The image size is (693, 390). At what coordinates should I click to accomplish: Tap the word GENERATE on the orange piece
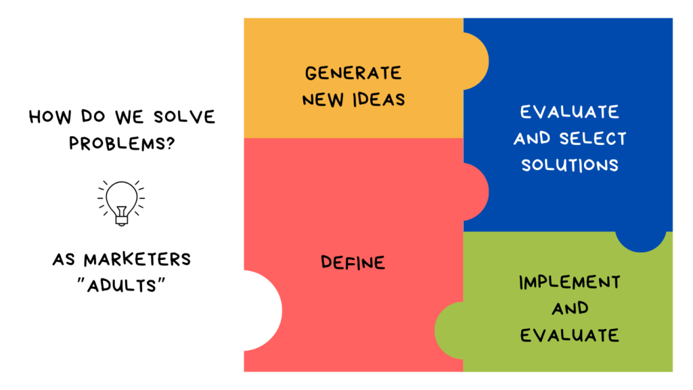353,73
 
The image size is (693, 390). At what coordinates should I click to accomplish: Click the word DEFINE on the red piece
353,262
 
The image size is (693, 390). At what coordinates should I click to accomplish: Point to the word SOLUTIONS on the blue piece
569,165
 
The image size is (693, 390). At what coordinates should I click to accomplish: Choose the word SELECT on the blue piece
593,139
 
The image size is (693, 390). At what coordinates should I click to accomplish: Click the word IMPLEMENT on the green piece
569,282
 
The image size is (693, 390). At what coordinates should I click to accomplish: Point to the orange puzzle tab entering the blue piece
476,62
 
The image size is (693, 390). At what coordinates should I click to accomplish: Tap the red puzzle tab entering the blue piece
476,192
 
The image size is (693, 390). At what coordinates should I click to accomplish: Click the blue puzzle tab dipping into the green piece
641,241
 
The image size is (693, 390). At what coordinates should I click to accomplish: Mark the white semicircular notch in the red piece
263,311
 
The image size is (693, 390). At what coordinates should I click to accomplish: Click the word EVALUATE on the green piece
569,334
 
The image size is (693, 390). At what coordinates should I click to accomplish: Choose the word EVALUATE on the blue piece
569,112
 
